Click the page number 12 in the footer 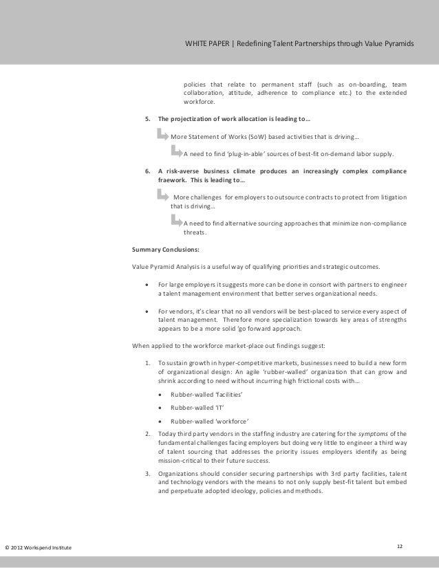tap(400, 546)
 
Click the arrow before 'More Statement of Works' tap(162, 133)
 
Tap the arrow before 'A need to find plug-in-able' tap(175, 151)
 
